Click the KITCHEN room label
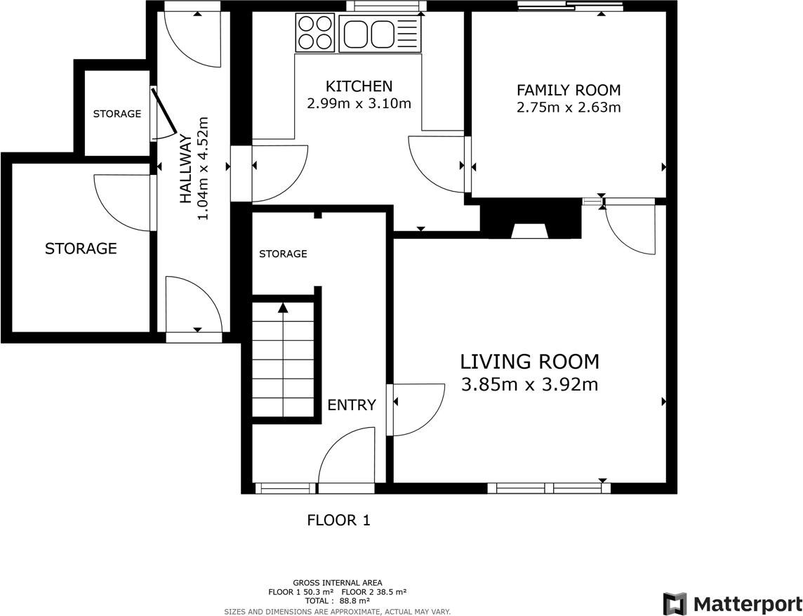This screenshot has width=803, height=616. pyautogui.click(x=359, y=86)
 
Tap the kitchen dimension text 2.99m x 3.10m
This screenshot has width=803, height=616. pyautogui.click(x=359, y=103)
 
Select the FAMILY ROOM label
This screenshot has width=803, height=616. pyautogui.click(x=569, y=90)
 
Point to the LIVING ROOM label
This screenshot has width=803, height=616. pyautogui.click(x=530, y=362)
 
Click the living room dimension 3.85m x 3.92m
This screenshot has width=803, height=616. pyautogui.click(x=530, y=384)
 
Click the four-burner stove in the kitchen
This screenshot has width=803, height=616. pyautogui.click(x=314, y=32)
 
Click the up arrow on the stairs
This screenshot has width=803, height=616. pyautogui.click(x=283, y=308)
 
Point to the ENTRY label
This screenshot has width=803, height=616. pyautogui.click(x=352, y=405)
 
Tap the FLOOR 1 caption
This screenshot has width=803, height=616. pyautogui.click(x=338, y=520)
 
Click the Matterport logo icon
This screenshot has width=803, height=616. pyautogui.click(x=675, y=604)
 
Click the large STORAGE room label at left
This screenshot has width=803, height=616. pyautogui.click(x=81, y=249)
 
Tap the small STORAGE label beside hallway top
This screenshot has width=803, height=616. pyautogui.click(x=117, y=114)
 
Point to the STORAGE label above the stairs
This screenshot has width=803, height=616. pyautogui.click(x=283, y=254)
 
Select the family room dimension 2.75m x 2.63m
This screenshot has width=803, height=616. pyautogui.click(x=569, y=107)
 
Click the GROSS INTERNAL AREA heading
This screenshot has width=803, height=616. pyautogui.click(x=338, y=583)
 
